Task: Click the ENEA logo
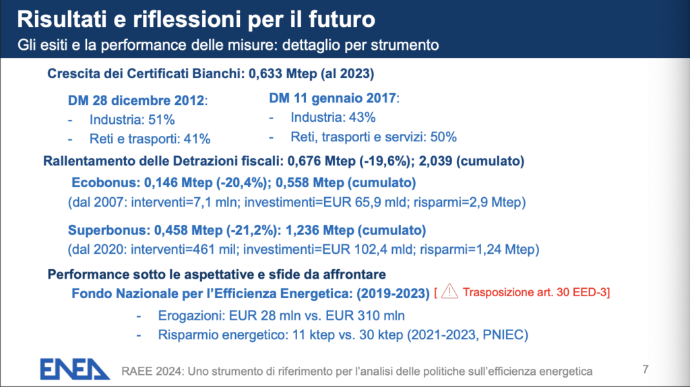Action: coord(75,369)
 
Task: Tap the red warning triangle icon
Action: coord(449,291)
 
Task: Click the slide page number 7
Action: coord(645,369)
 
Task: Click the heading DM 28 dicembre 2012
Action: coord(136,101)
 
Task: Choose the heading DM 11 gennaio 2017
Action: coord(333,98)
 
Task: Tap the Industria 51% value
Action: coord(132,120)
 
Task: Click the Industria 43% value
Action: coord(333,117)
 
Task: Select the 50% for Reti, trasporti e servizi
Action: coord(443,137)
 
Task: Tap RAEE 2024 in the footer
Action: coord(152,372)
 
